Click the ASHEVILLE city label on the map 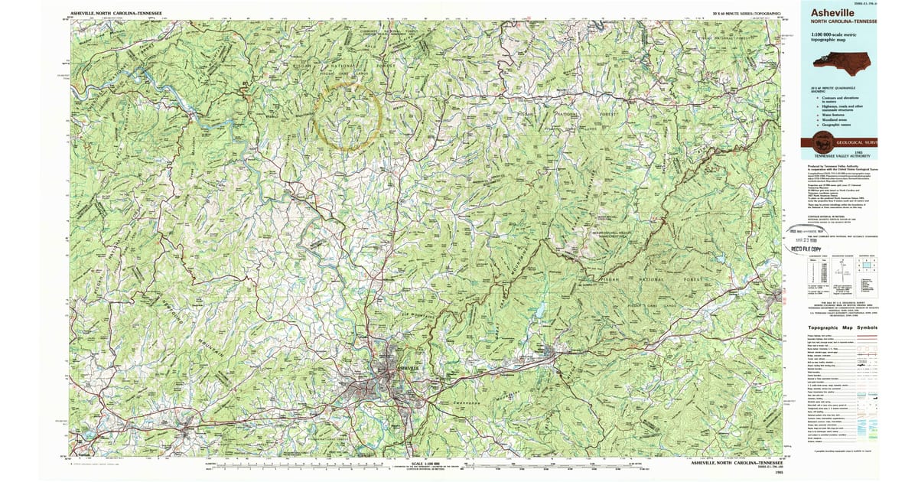408,367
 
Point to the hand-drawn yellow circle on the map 348,115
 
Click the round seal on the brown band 822,142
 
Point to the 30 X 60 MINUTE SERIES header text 746,14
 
